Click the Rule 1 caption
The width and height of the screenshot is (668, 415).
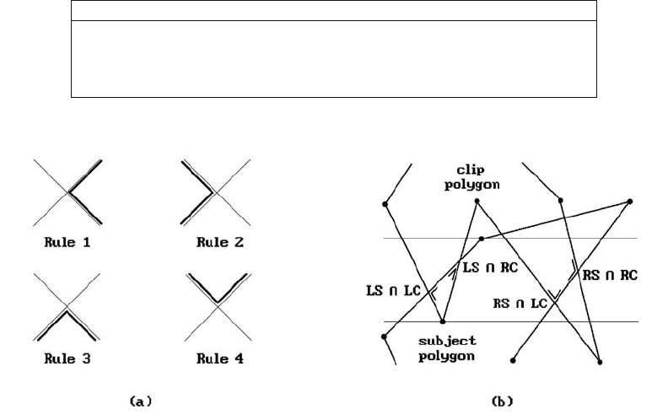click(x=67, y=242)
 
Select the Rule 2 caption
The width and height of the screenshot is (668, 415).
click(x=220, y=242)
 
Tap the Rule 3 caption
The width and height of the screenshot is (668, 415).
click(x=67, y=358)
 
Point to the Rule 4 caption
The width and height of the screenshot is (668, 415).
click(x=220, y=358)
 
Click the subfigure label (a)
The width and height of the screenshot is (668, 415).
click(x=140, y=401)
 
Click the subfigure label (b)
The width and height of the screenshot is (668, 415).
click(x=503, y=401)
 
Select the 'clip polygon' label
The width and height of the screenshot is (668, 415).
click(x=472, y=177)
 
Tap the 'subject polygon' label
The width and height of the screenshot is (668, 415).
click(x=447, y=348)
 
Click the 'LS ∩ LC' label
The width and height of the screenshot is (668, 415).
click(x=393, y=291)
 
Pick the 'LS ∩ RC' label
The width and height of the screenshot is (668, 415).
click(x=490, y=267)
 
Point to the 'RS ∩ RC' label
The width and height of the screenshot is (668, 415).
click(x=610, y=275)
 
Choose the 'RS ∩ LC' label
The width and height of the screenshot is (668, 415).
click(x=520, y=304)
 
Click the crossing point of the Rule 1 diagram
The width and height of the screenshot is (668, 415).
click(x=68, y=193)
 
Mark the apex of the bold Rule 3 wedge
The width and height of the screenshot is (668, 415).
click(x=67, y=311)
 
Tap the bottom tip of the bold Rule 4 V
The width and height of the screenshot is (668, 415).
click(x=218, y=302)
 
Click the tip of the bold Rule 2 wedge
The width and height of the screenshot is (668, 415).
click(x=213, y=192)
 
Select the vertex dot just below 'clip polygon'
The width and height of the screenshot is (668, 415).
click(x=477, y=201)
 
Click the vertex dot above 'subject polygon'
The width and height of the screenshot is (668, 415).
click(x=443, y=321)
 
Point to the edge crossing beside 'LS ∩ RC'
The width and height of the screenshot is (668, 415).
click(x=459, y=261)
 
